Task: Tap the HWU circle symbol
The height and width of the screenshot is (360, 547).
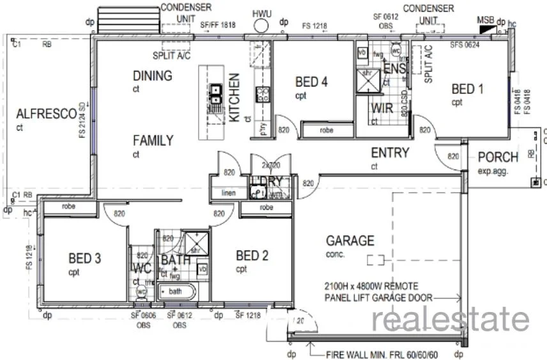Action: click(x=261, y=26)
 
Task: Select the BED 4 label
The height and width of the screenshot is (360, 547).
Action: click(x=311, y=82)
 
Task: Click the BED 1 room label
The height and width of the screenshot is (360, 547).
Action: click(x=467, y=89)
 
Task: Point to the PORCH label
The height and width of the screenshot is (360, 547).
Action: click(x=498, y=157)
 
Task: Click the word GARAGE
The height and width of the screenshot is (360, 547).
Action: click(x=350, y=241)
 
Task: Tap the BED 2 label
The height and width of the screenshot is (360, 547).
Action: click(x=252, y=256)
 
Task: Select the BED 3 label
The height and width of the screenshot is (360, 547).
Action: click(x=84, y=258)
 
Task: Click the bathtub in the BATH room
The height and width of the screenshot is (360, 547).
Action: click(x=180, y=292)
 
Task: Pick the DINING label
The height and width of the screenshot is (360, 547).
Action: click(x=152, y=75)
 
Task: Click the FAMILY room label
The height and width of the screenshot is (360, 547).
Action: click(x=153, y=141)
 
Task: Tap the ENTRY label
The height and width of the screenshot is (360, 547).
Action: click(x=390, y=153)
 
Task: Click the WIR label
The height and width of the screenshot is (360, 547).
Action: click(x=381, y=108)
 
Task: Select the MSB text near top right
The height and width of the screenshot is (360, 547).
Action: click(x=485, y=20)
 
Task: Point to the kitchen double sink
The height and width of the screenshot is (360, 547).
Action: click(x=216, y=95)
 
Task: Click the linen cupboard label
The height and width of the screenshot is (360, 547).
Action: click(x=229, y=193)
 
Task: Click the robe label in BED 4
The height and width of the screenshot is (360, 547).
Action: click(x=327, y=131)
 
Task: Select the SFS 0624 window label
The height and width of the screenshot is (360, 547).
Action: click(x=465, y=45)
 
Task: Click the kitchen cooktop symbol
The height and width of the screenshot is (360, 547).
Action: click(x=262, y=95)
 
